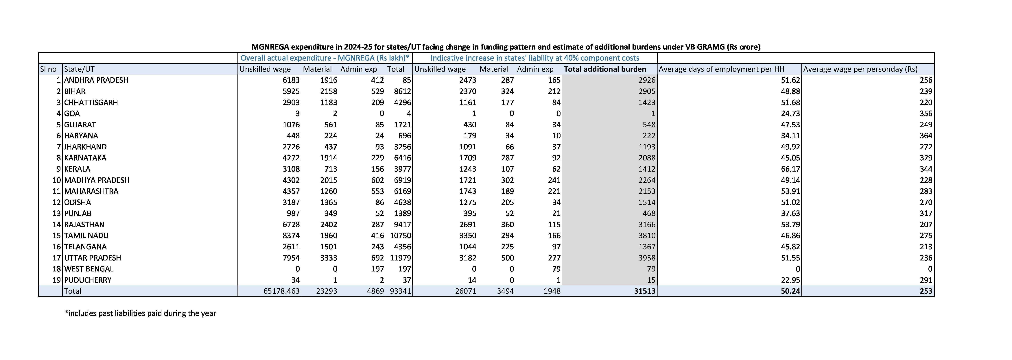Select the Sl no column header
48,69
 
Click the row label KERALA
77,169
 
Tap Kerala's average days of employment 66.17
790,169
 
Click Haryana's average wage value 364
926,136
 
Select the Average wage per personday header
860,69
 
